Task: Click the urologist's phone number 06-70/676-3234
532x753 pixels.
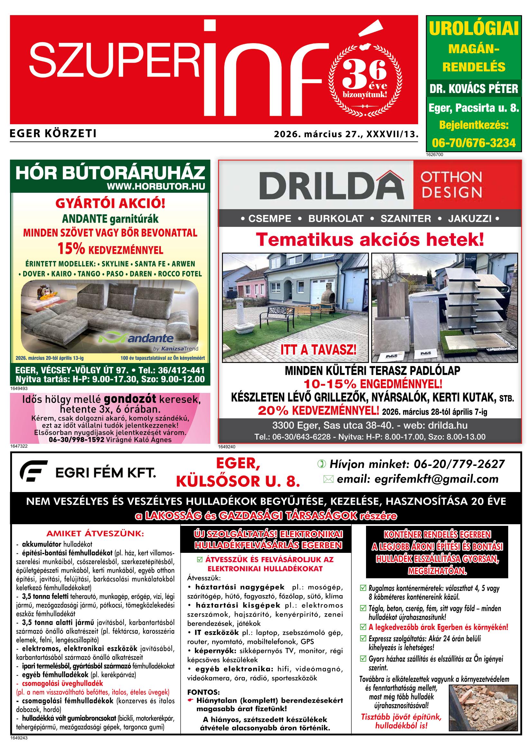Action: click(x=474, y=143)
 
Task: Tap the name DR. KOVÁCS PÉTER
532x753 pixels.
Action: click(x=474, y=88)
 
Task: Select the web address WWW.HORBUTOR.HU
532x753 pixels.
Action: click(x=156, y=187)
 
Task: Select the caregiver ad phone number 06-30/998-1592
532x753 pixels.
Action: click(x=76, y=440)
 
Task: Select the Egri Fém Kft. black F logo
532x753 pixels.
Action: click(x=33, y=471)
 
